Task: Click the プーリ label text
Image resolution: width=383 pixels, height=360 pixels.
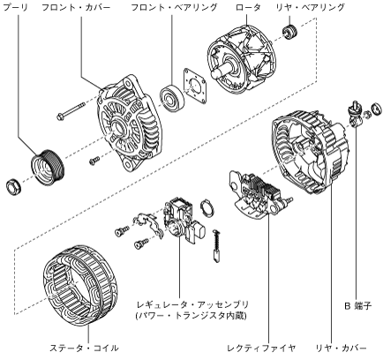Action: tap(15, 8)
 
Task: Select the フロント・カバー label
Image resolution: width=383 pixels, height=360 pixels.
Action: tap(76, 8)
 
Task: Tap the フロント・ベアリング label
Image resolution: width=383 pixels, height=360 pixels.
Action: tap(174, 8)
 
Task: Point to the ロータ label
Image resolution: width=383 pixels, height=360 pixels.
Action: tap(248, 8)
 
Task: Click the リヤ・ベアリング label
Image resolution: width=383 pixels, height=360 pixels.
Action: tap(310, 8)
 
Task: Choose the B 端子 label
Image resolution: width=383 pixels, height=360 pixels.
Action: tap(357, 306)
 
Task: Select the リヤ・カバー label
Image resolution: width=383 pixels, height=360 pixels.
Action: tap(341, 349)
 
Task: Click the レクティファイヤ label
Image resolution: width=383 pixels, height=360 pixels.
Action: tap(261, 349)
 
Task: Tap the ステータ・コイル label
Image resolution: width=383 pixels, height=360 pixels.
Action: tap(84, 349)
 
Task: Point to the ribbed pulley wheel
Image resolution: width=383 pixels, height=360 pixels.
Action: tap(48, 168)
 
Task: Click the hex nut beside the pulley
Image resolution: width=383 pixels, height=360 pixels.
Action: tap(13, 186)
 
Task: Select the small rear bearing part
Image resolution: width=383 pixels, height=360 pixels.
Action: tap(289, 32)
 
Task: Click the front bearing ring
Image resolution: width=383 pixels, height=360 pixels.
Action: tap(171, 97)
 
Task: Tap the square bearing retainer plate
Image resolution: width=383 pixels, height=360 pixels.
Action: tap(194, 86)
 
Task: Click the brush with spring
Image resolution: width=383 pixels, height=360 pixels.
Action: tap(216, 245)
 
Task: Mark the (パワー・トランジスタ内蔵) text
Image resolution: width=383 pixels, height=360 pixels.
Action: tap(191, 316)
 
